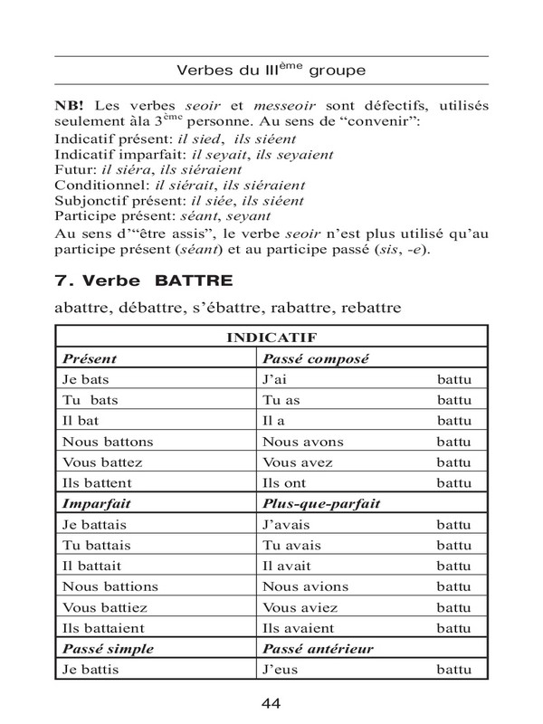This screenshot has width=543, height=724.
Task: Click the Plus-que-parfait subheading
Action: click(x=321, y=504)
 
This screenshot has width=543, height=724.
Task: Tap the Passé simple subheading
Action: click(x=107, y=649)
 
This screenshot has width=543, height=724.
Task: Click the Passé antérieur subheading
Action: click(x=316, y=649)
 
